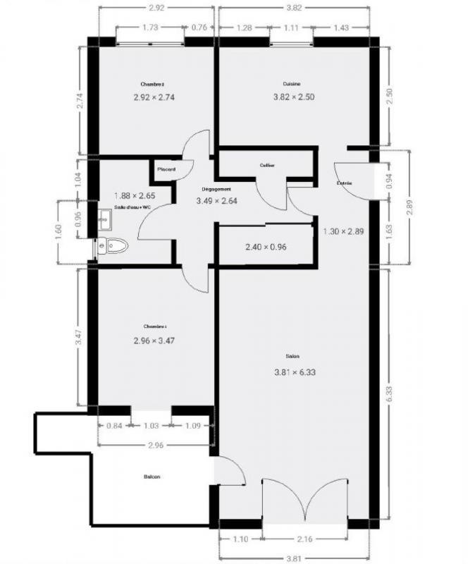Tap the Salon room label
pyautogui.click(x=292, y=356)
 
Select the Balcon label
pyautogui.click(x=151, y=477)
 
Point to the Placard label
pyautogui.click(x=166, y=169)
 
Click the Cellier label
pyautogui.click(x=267, y=165)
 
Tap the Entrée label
pyautogui.click(x=345, y=183)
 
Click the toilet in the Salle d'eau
pyautogui.click(x=115, y=246)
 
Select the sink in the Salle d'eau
pyautogui.click(x=104, y=219)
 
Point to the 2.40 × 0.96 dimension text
pyautogui.click(x=266, y=247)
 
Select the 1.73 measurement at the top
pyautogui.click(x=149, y=27)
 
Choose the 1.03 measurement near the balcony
pyautogui.click(x=151, y=425)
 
